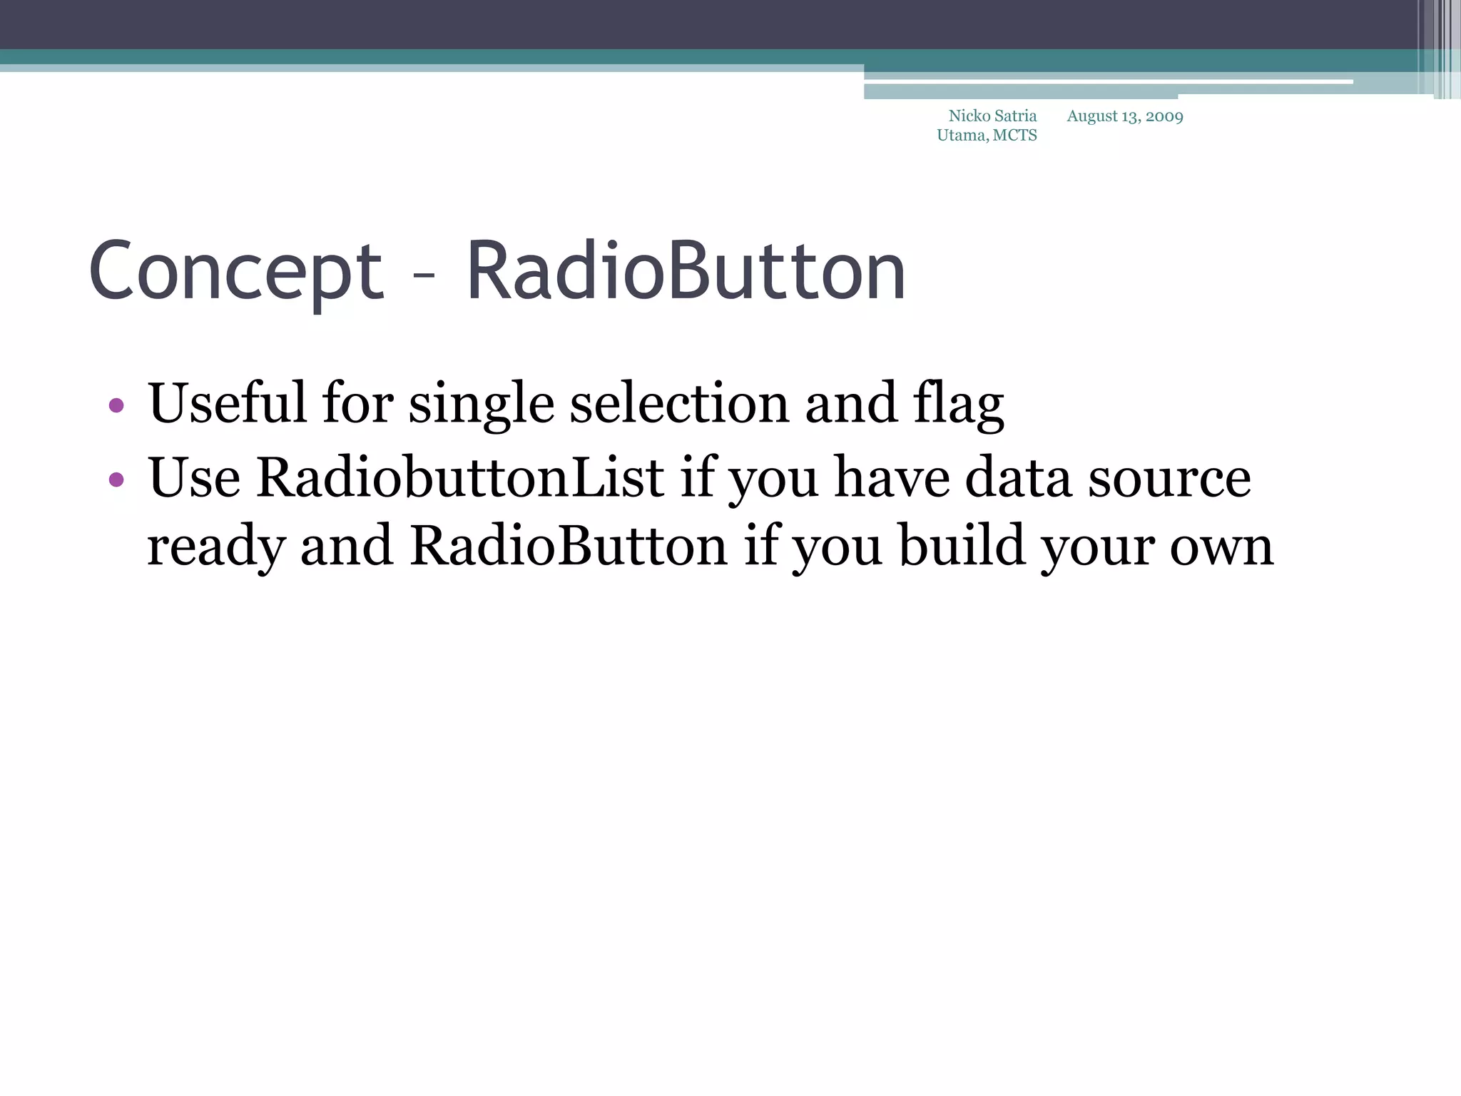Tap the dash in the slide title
(424, 275)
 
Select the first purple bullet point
(117, 406)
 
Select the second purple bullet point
(117, 479)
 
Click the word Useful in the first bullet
(226, 403)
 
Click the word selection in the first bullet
(680, 403)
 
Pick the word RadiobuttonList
(460, 477)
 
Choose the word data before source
(1018, 477)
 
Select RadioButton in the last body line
(569, 546)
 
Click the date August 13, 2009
(1125, 116)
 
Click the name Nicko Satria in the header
(992, 116)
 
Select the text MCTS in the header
(1014, 136)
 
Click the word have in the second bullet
(892, 477)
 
